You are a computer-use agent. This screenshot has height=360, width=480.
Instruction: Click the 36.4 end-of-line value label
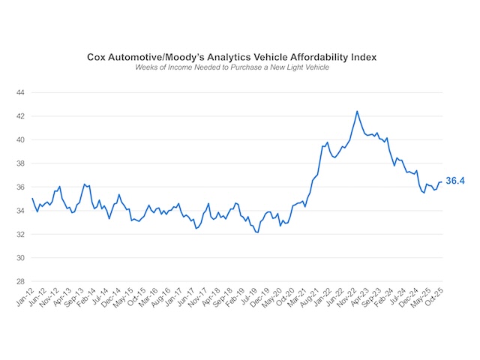tap(457, 181)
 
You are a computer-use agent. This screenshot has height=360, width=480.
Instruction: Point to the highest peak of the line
tap(356, 111)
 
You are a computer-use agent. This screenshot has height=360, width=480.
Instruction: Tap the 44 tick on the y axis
tap(22, 92)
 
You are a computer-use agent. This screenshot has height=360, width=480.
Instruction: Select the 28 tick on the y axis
tap(22, 281)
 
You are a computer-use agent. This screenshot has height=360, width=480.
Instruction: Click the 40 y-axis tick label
tap(22, 139)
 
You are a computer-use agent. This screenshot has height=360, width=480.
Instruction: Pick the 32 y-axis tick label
tap(22, 234)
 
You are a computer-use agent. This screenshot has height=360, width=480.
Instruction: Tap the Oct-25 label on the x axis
tap(433, 298)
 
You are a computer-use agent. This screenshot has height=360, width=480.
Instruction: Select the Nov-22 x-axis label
tap(348, 298)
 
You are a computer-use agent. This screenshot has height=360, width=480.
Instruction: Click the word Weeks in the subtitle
tap(148, 67)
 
